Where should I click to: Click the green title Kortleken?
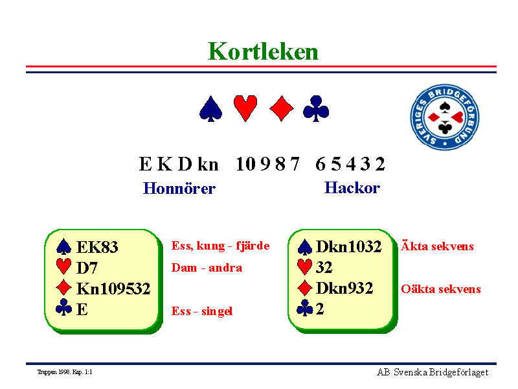tap(263, 52)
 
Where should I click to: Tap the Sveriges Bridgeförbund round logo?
tap(445, 117)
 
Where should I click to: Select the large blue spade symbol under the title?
tap(211, 109)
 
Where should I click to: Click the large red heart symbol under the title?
tap(245, 108)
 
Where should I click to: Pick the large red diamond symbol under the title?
tap(282, 108)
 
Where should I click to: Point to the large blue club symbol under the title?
tap(316, 108)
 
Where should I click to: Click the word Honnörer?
tap(179, 188)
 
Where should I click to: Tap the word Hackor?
tap(352, 188)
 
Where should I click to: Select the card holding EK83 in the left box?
tap(97, 247)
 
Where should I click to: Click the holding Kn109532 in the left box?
tap(113, 289)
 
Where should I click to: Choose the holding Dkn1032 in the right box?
tap(349, 246)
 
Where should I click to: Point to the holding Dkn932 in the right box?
tap(344, 288)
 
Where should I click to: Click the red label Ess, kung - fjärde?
tap(220, 246)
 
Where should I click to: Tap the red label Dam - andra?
tap(207, 268)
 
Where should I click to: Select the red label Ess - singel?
tap(202, 311)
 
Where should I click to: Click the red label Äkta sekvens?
tap(437, 246)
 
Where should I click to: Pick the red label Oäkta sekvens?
tap(441, 289)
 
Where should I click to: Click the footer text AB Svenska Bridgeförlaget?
tap(433, 372)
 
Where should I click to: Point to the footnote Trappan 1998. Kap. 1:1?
tap(65, 372)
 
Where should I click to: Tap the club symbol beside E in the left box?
tap(63, 307)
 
